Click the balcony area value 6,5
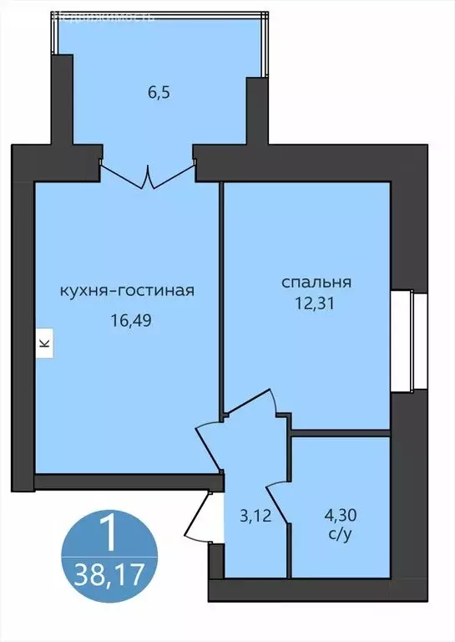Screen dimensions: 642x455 tap(159, 92)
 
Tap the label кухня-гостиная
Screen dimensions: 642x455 tap(127, 291)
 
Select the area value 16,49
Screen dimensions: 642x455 tap(127, 318)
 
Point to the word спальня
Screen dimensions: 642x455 tap(316, 282)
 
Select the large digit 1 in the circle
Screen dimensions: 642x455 tap(107, 533)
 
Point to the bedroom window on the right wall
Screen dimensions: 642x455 tap(404, 340)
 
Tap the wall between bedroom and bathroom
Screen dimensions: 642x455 tap(340, 433)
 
